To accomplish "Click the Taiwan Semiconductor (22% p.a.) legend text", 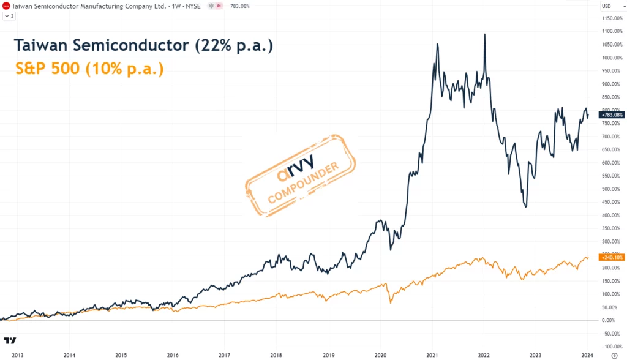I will (143, 46).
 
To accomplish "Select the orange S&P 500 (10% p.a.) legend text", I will (89, 69).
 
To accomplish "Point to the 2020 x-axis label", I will (380, 354).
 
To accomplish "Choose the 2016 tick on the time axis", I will (173, 354).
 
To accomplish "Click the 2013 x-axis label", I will (18, 354).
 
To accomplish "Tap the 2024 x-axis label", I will (587, 354).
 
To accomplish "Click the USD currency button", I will (607, 6).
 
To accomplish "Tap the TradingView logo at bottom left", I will (10, 340).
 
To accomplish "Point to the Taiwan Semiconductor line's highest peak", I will (485, 35).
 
